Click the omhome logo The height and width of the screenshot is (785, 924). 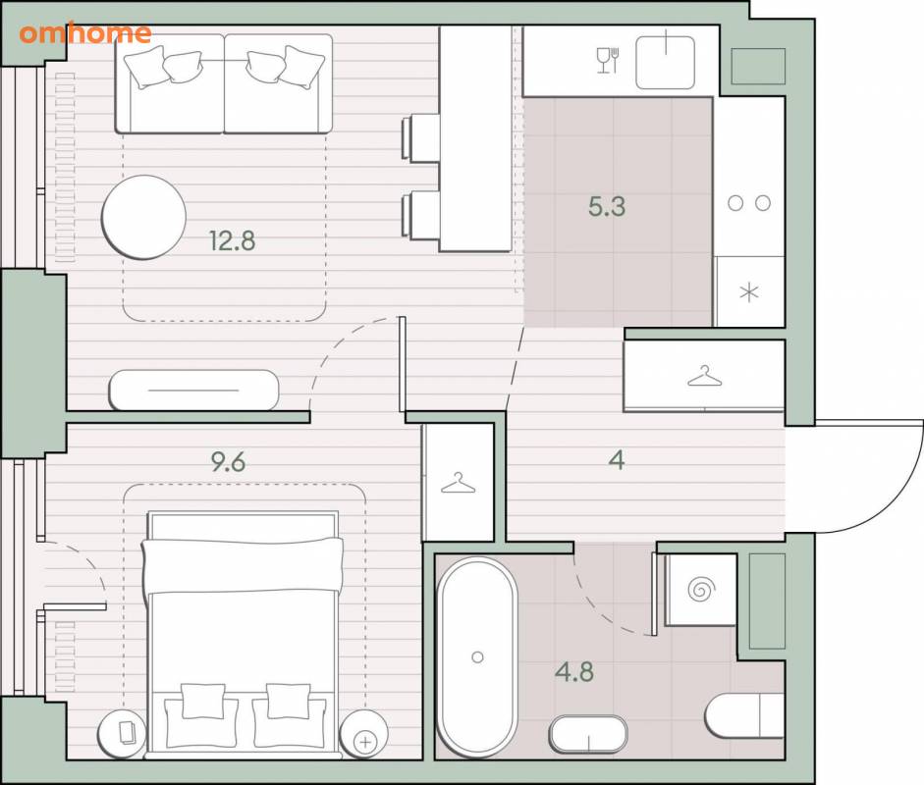tap(84, 33)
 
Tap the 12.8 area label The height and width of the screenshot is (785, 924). tap(232, 240)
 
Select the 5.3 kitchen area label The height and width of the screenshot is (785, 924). tap(607, 206)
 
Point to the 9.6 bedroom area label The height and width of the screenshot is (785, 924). tap(229, 462)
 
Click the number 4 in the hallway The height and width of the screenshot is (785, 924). tap(617, 460)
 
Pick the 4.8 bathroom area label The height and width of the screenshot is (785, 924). tap(574, 671)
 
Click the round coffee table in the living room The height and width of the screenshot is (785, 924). tap(143, 217)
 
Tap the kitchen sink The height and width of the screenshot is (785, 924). tap(666, 63)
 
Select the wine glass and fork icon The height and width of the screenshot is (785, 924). tap(608, 60)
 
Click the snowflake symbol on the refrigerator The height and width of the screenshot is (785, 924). tap(749, 292)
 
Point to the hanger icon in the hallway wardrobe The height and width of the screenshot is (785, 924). tap(705, 376)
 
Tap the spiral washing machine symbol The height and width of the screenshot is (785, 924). tap(701, 589)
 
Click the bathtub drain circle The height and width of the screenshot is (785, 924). tap(478, 656)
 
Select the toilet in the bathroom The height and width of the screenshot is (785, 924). tap(744, 715)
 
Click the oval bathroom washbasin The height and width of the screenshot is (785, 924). tap(588, 734)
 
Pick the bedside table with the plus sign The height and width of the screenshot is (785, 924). tap(364, 734)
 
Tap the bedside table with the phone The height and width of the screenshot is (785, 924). tap(122, 734)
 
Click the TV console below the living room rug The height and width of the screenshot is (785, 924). tap(193, 390)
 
